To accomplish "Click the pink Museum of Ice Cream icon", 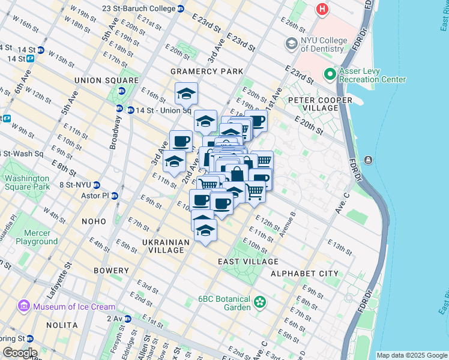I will click(x=24, y=307).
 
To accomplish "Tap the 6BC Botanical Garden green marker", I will click(x=260, y=301).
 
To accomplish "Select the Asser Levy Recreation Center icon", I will click(x=330, y=74).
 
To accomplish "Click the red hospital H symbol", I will click(x=323, y=10).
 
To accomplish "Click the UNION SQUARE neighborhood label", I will click(x=106, y=80).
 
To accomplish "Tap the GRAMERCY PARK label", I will click(x=206, y=71).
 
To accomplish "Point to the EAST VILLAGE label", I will click(x=248, y=262).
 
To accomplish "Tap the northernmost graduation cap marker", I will click(x=187, y=94).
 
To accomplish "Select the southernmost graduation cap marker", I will click(x=205, y=230).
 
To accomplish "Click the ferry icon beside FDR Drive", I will click(x=367, y=160).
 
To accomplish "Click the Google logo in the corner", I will click(x=19, y=353).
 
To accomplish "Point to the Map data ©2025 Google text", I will click(x=411, y=355).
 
